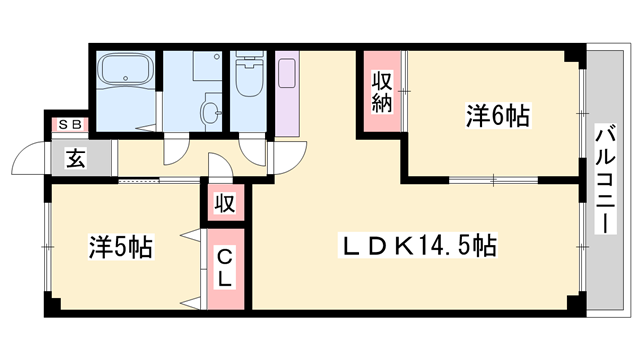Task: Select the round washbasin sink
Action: (210, 112)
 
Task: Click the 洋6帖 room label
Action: (497, 116)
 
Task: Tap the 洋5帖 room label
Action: (120, 245)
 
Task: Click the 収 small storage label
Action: (225, 204)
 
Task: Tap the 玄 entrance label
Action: (75, 158)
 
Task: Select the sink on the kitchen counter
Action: (288, 73)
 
